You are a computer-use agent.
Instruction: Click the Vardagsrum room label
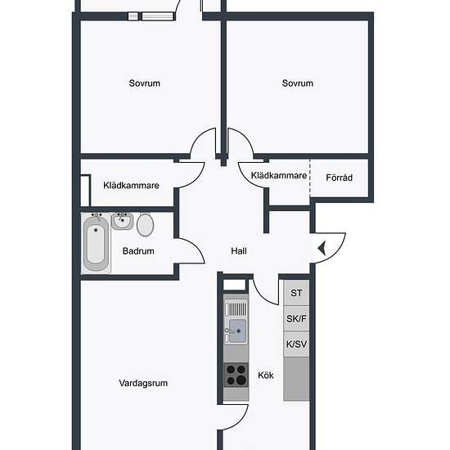pos(143,383)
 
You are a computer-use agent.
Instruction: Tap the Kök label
pos(266,375)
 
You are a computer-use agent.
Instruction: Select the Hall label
pos(239,251)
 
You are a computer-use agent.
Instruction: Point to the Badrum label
pos(138,251)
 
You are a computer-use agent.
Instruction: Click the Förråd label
pos(340,178)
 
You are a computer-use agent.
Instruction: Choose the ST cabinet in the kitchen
pos(296,293)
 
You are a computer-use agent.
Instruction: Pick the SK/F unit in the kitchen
pos(296,318)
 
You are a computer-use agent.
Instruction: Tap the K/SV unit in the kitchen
pos(296,344)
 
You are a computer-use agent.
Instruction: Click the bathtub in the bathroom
pos(96,243)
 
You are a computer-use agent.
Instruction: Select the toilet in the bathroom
pos(145,225)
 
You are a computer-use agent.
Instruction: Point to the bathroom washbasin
pos(122,221)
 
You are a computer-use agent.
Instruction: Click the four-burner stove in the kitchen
pos(236,375)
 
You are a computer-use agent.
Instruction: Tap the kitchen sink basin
pos(237,331)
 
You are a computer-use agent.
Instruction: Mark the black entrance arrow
pos(322,248)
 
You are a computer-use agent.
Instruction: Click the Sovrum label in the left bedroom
pos(144,83)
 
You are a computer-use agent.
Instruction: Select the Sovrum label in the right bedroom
pos(298,83)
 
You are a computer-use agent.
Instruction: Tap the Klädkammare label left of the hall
pos(131,186)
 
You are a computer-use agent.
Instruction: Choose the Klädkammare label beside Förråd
pos(279,175)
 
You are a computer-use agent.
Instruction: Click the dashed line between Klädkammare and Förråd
pos(310,178)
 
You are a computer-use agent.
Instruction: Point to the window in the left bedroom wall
pos(151,16)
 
